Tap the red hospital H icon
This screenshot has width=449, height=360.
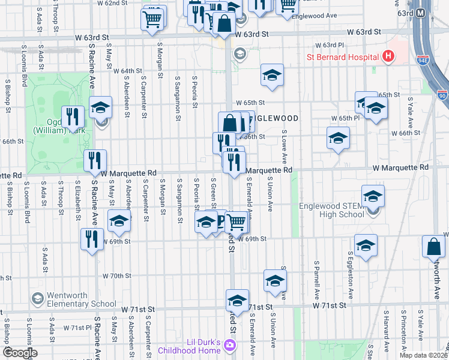[x=388, y=57]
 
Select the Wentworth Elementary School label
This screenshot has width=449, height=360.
[x=65, y=299]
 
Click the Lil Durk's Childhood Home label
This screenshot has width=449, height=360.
[x=188, y=346]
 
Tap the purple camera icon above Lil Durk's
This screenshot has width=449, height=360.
[x=229, y=344]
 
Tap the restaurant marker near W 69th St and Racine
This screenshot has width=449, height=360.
[x=92, y=238]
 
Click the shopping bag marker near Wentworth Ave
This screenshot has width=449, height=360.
[x=433, y=247]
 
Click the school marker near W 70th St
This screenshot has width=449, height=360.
[x=275, y=280]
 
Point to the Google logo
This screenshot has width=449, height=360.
[x=19, y=353]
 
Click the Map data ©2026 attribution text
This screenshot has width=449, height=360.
[x=423, y=355]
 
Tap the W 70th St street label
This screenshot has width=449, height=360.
[x=116, y=276]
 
